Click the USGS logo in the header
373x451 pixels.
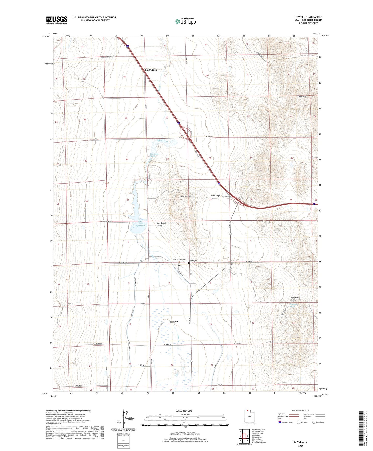57,20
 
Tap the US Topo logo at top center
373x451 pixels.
185,21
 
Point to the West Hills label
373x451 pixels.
303,96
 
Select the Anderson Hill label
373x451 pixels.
185,196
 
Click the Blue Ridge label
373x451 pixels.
216,196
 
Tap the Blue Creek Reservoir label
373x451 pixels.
140,224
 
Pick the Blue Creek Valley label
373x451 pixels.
161,224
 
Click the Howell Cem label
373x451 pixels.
193,260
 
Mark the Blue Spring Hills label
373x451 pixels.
295,299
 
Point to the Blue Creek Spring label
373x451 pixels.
155,155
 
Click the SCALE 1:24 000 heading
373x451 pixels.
184,411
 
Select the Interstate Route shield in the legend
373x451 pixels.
280,422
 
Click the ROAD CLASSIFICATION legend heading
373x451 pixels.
301,410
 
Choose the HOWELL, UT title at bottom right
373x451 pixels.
301,442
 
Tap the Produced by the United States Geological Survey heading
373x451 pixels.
68,410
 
